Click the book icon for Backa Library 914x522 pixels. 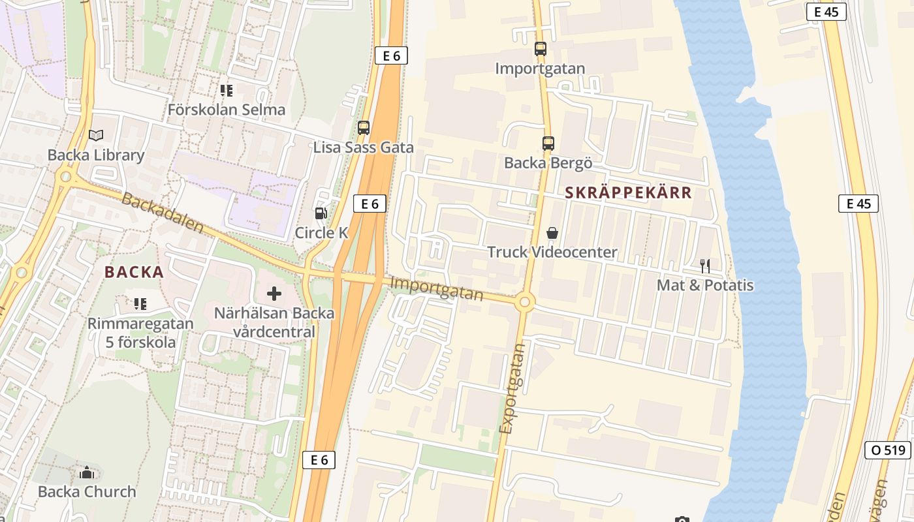(96, 135)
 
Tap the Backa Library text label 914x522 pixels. (96, 155)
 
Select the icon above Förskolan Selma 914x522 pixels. (227, 90)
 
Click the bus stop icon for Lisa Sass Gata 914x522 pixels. (364, 128)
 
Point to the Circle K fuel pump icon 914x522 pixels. (321, 213)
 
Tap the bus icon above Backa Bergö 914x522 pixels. (548, 144)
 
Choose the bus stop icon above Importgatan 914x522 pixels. (541, 48)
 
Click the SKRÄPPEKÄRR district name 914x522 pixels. (628, 192)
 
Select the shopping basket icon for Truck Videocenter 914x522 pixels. (552, 232)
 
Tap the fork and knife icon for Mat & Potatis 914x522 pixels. (705, 266)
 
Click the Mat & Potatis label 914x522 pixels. (705, 285)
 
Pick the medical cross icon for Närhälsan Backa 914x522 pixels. (274, 294)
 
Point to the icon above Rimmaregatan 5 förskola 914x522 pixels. (140, 303)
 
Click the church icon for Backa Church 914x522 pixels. (87, 472)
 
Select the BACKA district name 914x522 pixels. (134, 272)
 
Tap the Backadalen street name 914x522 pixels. (163, 214)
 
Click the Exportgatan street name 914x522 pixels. (512, 389)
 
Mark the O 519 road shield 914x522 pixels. (888, 450)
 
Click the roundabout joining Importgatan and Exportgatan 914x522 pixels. (524, 302)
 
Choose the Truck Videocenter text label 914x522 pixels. (552, 252)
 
